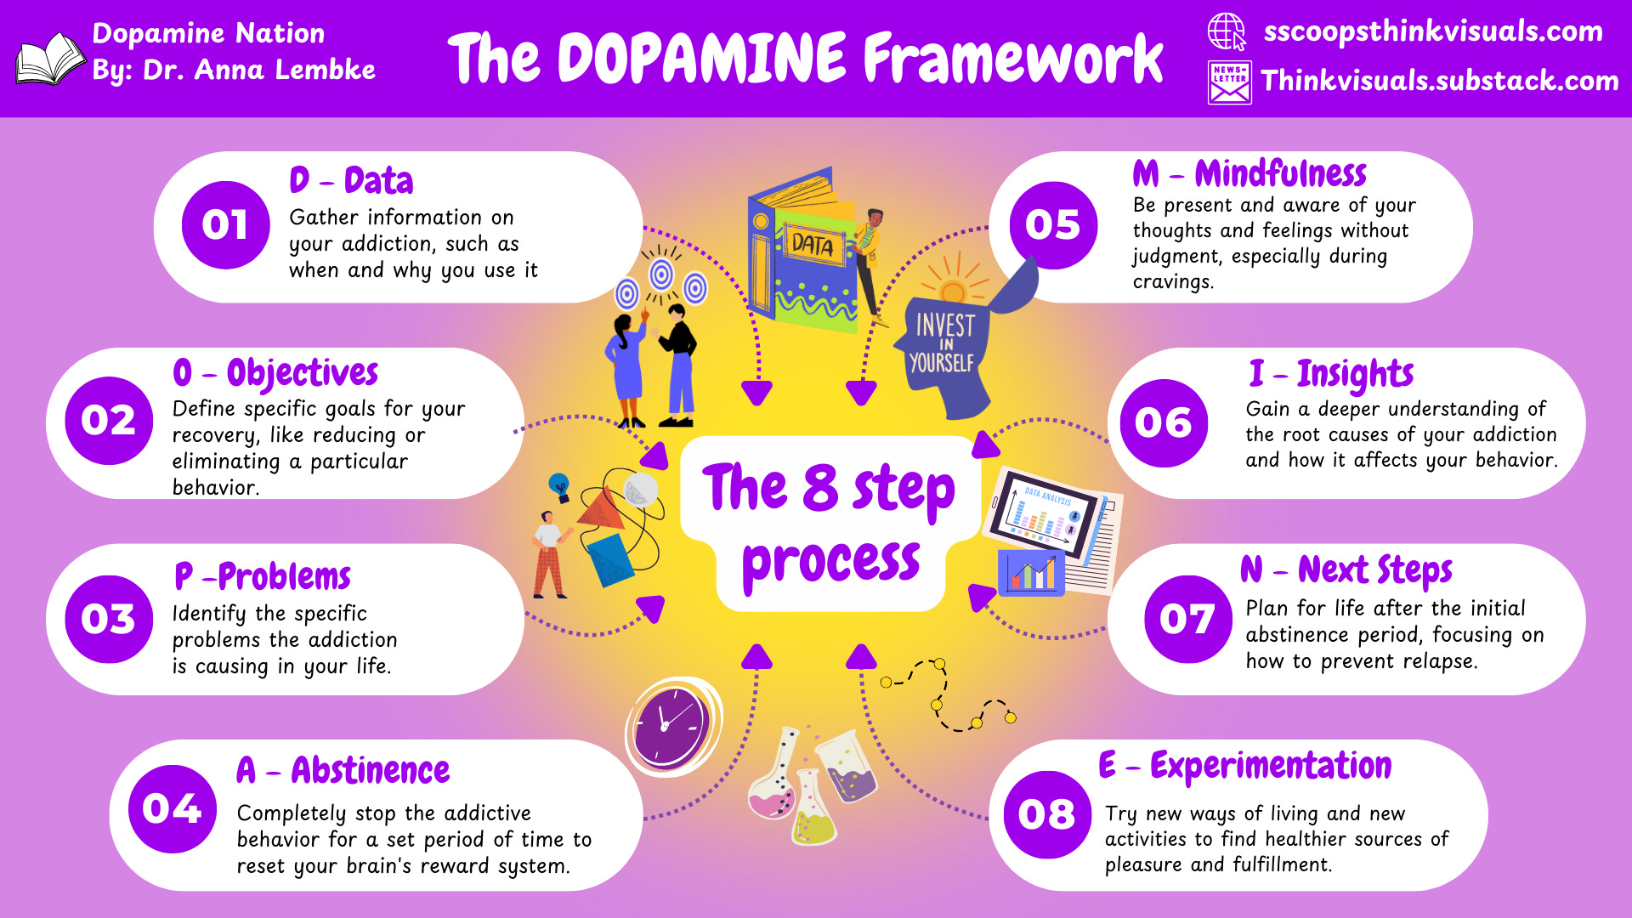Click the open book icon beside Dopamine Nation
point(49,59)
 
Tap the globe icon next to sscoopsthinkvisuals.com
point(1227,32)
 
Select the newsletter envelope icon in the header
point(1229,82)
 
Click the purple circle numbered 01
point(225,225)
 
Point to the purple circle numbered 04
point(173,808)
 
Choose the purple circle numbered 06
point(1163,422)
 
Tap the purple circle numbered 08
point(1046,814)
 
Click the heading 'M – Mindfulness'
point(1249,174)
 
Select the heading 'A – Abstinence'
point(343,771)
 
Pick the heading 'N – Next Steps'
point(1346,569)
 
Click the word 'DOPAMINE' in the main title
point(702,59)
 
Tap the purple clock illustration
point(671,725)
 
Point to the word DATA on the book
point(813,246)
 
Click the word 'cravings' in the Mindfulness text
point(1170,282)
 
